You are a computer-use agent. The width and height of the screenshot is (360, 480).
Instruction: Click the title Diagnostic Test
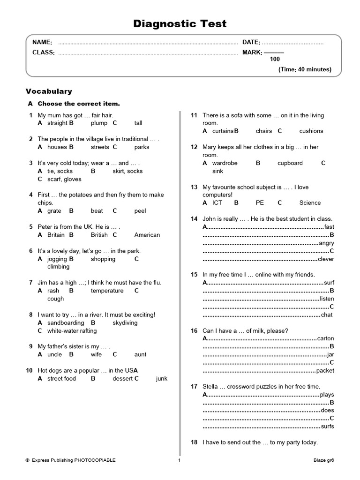(x=180, y=24)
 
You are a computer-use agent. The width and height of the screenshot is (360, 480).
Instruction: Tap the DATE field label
(x=251, y=43)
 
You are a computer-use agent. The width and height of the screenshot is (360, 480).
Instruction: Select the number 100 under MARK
(x=275, y=59)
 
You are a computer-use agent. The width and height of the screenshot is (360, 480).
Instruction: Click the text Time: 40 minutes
(x=305, y=69)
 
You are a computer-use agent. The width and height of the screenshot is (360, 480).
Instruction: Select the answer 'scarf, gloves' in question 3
(x=64, y=179)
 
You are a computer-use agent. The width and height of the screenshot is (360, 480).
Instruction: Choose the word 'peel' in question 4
(x=140, y=211)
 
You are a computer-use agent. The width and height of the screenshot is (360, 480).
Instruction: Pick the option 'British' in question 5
(x=99, y=235)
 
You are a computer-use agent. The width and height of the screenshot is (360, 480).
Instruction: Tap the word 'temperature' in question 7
(x=107, y=291)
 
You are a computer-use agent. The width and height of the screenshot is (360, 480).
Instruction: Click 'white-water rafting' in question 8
(x=72, y=330)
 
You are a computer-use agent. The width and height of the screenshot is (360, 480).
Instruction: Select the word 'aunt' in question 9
(x=140, y=354)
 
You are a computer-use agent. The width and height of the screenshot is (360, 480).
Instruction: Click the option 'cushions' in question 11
(x=311, y=131)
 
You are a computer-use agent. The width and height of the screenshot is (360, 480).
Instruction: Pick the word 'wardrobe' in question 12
(x=225, y=163)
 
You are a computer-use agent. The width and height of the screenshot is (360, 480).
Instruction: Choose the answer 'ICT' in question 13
(x=217, y=203)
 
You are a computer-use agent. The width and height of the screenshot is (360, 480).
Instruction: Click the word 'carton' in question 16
(x=325, y=338)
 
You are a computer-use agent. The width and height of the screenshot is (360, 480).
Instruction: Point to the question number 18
(x=194, y=442)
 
